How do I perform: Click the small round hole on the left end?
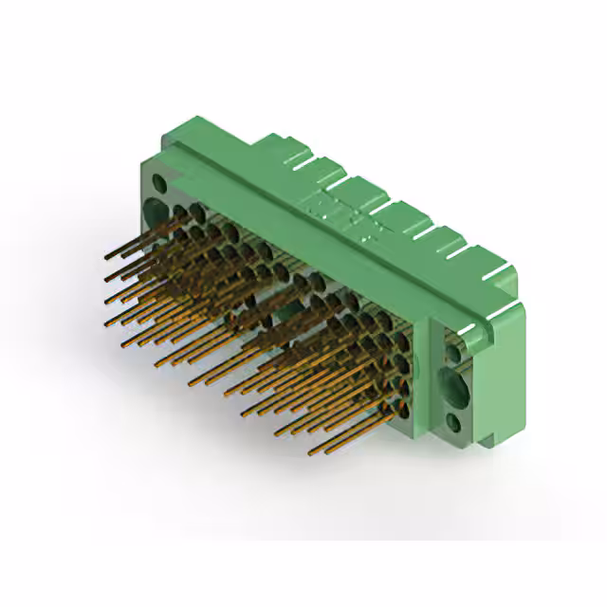tap(159, 180)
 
